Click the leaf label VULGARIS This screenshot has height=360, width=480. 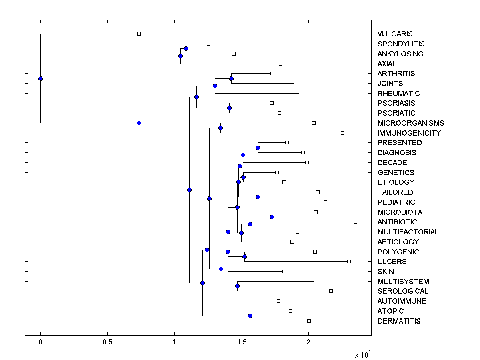(x=395, y=34)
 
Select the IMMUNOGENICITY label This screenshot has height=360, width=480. (x=409, y=133)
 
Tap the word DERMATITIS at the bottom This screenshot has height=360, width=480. (x=399, y=321)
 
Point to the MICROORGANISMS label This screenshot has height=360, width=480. (x=410, y=123)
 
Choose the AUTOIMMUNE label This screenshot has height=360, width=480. (x=402, y=301)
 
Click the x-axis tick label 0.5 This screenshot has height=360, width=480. (x=107, y=342)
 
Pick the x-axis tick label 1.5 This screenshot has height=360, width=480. (x=241, y=342)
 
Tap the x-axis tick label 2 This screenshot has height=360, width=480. (x=308, y=342)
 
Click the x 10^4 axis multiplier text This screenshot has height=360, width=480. (x=363, y=354)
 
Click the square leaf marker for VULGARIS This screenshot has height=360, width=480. (x=139, y=34)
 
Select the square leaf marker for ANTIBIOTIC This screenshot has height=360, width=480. (x=355, y=222)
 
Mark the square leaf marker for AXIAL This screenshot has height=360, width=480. (x=280, y=64)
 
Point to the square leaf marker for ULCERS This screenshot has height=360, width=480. (x=349, y=261)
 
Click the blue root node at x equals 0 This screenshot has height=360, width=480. (x=40, y=78)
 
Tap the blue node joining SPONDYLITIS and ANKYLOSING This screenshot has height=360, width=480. (x=186, y=48)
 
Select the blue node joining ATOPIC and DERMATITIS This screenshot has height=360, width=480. (x=250, y=316)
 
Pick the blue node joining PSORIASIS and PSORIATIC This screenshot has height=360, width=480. (x=230, y=108)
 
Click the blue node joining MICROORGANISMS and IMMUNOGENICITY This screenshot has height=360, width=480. (x=220, y=128)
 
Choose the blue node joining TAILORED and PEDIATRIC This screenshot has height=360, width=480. (x=258, y=197)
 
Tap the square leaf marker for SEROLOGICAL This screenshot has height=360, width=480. (x=331, y=291)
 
